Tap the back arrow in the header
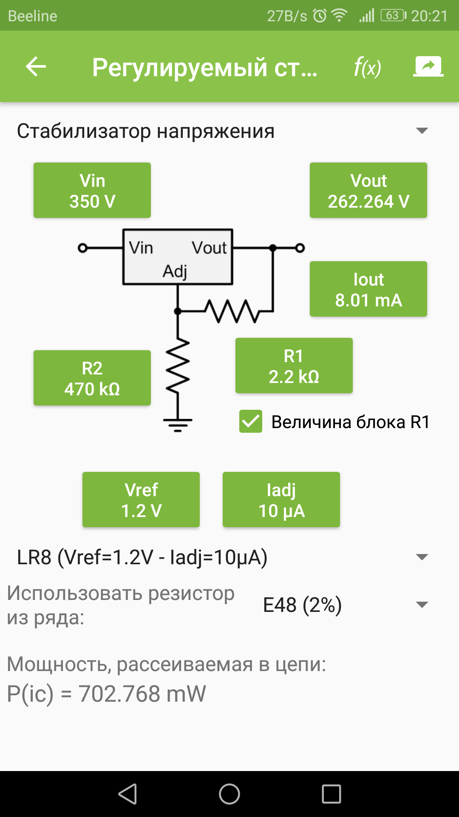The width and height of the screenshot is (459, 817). click(x=36, y=67)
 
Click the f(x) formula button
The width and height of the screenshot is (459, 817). click(x=367, y=67)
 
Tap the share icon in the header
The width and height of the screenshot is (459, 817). click(x=428, y=67)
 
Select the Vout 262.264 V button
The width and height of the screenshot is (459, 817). click(x=368, y=191)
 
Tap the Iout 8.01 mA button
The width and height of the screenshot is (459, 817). click(x=368, y=289)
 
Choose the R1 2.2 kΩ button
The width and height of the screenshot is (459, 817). click(x=294, y=366)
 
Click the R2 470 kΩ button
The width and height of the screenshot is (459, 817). click(x=92, y=378)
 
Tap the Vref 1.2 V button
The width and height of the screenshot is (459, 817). click(x=141, y=500)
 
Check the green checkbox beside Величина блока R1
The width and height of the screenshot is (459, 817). click(x=251, y=422)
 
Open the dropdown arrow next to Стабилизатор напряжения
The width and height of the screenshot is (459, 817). click(x=422, y=131)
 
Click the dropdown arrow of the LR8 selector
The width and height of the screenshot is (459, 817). click(x=422, y=557)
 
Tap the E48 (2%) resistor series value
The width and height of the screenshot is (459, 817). click(x=302, y=605)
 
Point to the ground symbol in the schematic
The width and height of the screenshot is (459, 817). click(x=178, y=424)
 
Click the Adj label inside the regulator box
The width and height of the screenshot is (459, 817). click(x=175, y=271)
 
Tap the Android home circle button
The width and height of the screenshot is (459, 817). click(x=229, y=794)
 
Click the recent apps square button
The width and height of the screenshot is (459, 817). click(x=331, y=794)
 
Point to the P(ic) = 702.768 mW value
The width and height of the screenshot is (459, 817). click(x=106, y=694)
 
